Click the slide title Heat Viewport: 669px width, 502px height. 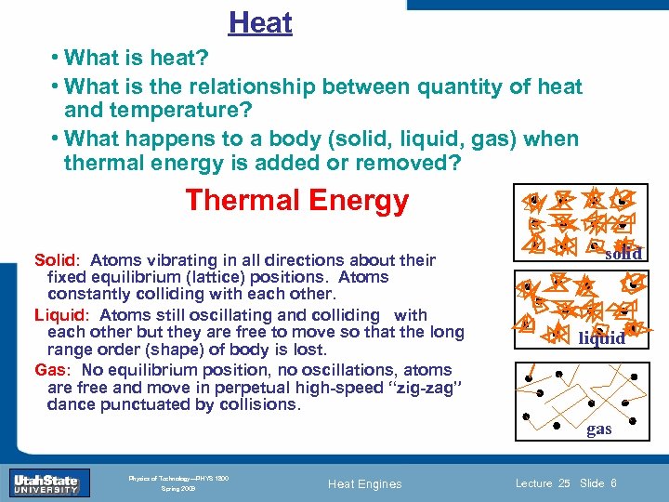pos(260,23)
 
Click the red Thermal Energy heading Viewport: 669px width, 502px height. pos(296,200)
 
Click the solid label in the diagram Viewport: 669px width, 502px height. pos(623,255)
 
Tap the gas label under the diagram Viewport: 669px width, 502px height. pos(599,429)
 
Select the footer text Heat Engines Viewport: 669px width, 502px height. pos(366,483)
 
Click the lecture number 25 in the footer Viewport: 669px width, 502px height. pos(564,483)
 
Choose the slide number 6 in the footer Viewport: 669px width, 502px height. pos(614,483)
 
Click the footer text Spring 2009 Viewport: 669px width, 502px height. pos(177,488)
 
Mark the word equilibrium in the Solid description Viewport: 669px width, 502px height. pos(125,278)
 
